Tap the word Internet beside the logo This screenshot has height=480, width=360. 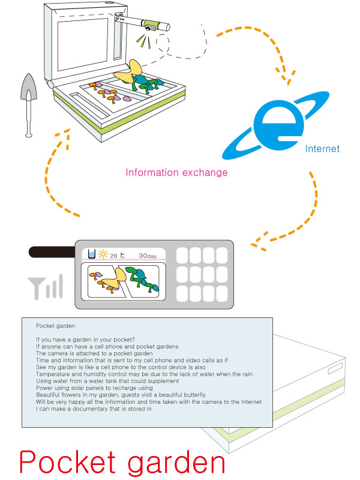322,148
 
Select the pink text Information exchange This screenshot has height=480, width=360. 176,173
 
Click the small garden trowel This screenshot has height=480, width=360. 27,102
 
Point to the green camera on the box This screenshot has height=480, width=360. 155,25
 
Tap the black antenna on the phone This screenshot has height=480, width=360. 47,253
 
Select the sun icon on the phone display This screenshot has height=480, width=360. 102,254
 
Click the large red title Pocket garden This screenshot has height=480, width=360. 122,463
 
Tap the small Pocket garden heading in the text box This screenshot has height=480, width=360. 55,326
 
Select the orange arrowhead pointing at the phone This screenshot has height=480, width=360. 259,242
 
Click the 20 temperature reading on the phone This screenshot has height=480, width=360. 113,255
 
